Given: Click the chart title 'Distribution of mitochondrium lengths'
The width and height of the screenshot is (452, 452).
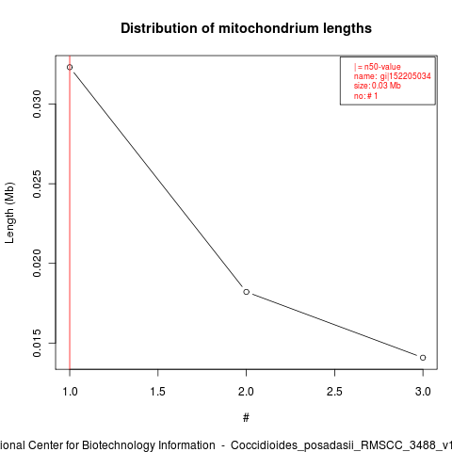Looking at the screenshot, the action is point(246,28).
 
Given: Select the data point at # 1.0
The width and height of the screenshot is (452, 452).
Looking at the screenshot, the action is point(70,67).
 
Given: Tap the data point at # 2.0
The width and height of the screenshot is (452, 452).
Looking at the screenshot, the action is point(247,292).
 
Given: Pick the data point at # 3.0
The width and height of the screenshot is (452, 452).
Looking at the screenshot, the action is point(423,358).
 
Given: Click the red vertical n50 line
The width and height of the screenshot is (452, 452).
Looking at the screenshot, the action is point(70,213).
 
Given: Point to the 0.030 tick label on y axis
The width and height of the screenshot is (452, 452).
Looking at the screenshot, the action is point(37,104).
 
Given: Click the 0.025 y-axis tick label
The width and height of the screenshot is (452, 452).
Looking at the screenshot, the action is point(37,184).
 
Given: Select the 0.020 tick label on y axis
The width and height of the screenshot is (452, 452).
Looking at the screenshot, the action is point(37,263).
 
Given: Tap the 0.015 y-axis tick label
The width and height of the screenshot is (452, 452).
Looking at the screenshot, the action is point(37,343).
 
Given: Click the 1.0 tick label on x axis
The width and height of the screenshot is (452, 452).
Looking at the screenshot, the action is point(70,392).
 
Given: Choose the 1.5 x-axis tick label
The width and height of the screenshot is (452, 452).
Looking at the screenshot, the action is point(158,392).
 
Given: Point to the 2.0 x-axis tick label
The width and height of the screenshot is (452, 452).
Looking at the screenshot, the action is point(247,392).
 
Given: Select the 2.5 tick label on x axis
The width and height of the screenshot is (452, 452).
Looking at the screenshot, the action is point(334,392).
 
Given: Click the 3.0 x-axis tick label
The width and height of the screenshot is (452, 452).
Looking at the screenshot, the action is point(423,392).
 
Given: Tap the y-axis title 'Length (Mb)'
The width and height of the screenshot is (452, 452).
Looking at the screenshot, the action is point(9,213).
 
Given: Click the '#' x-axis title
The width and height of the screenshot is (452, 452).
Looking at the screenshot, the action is point(246,418).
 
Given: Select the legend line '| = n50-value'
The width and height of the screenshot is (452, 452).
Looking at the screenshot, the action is point(378,67).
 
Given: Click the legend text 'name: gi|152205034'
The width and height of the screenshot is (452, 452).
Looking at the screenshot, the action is point(393,76).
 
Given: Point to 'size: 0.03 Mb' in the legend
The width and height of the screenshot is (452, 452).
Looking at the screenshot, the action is point(378,86).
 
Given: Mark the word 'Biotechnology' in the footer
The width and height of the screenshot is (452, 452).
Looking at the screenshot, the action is point(149,445).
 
